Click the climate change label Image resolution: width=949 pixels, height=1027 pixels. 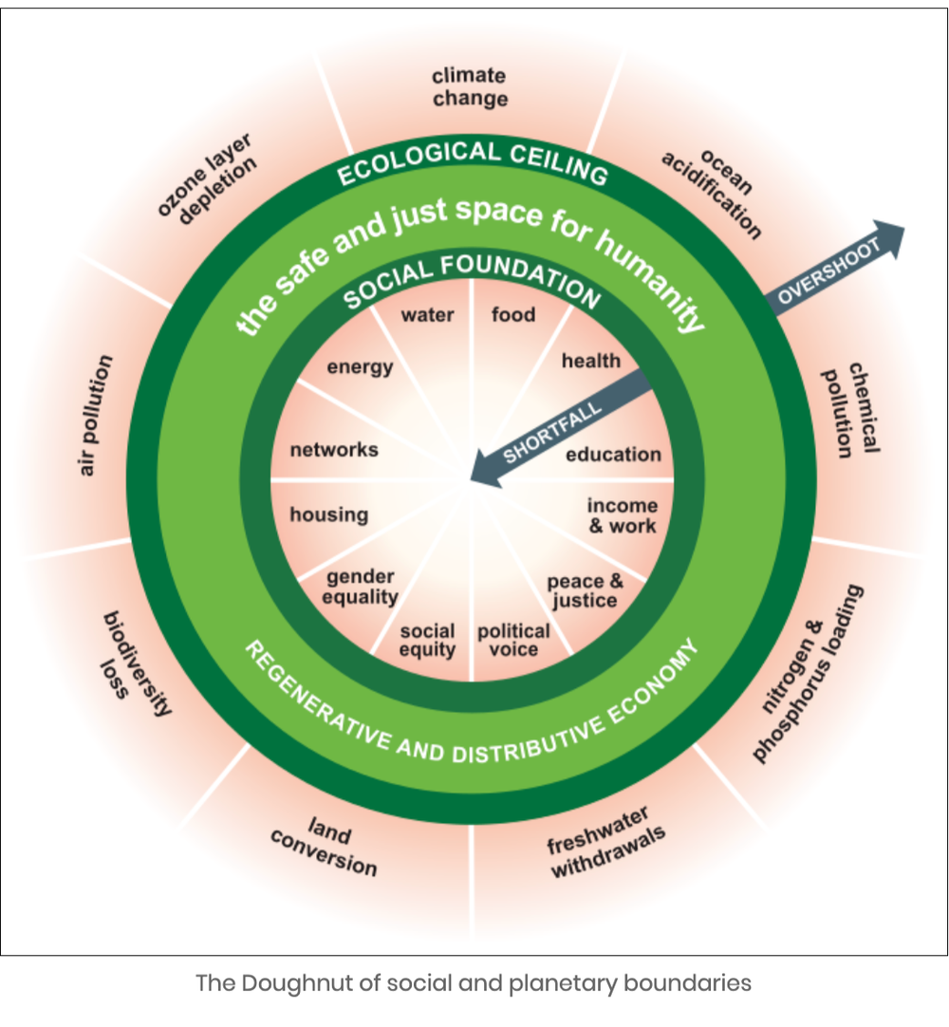coord(469,86)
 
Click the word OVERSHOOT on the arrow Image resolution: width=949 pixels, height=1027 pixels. coord(829,271)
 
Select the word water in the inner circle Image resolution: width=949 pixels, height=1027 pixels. coord(427,314)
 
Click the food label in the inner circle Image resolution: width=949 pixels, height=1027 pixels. coord(513,314)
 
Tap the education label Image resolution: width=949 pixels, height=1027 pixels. coord(613,455)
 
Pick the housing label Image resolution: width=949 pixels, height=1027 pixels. coord(328,514)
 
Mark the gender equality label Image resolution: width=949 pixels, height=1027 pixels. coord(360,588)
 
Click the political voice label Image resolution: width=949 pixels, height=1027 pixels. coord(513,641)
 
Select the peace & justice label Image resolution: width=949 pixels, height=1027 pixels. coord(586,590)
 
